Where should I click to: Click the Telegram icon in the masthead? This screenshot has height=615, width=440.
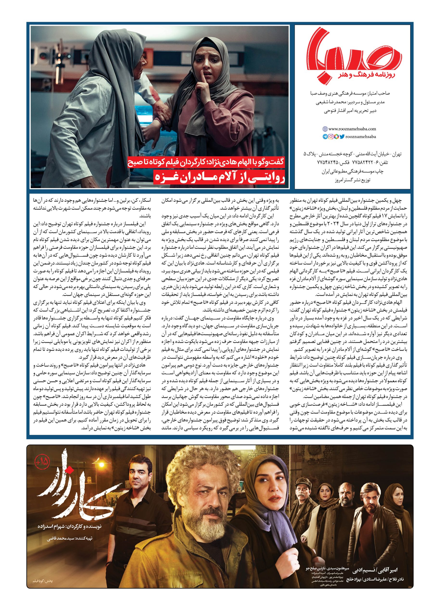tap(325, 137)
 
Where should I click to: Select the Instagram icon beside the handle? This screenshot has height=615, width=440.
tap(331, 137)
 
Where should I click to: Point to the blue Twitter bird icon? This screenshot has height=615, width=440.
tap(342, 137)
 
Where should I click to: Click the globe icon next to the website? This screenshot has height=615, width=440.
tap(325, 129)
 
